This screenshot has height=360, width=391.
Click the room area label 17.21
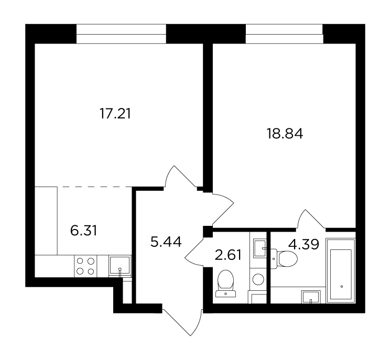[x=115, y=114]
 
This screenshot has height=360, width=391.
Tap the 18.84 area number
[x=285, y=134]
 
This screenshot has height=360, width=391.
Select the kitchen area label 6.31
[x=83, y=231]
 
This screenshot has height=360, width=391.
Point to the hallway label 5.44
[x=166, y=242]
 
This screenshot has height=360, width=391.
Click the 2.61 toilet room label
[x=228, y=255]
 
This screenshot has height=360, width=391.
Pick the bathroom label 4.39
[x=303, y=244]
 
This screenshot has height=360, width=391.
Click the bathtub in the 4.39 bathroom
[x=341, y=271]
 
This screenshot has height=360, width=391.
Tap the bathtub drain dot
[x=342, y=287]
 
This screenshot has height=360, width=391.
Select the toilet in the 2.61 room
[x=226, y=283]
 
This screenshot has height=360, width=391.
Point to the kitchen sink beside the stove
[x=120, y=266]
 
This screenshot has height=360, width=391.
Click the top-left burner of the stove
[x=80, y=261]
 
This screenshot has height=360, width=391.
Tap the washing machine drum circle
[x=258, y=279]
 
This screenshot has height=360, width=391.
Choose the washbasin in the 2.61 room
[x=260, y=248]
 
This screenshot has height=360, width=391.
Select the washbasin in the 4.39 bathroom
[x=311, y=297]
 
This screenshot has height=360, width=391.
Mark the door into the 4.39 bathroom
[x=311, y=219]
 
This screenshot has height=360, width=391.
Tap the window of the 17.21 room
[x=121, y=34]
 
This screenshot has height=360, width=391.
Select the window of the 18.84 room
[x=284, y=34]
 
